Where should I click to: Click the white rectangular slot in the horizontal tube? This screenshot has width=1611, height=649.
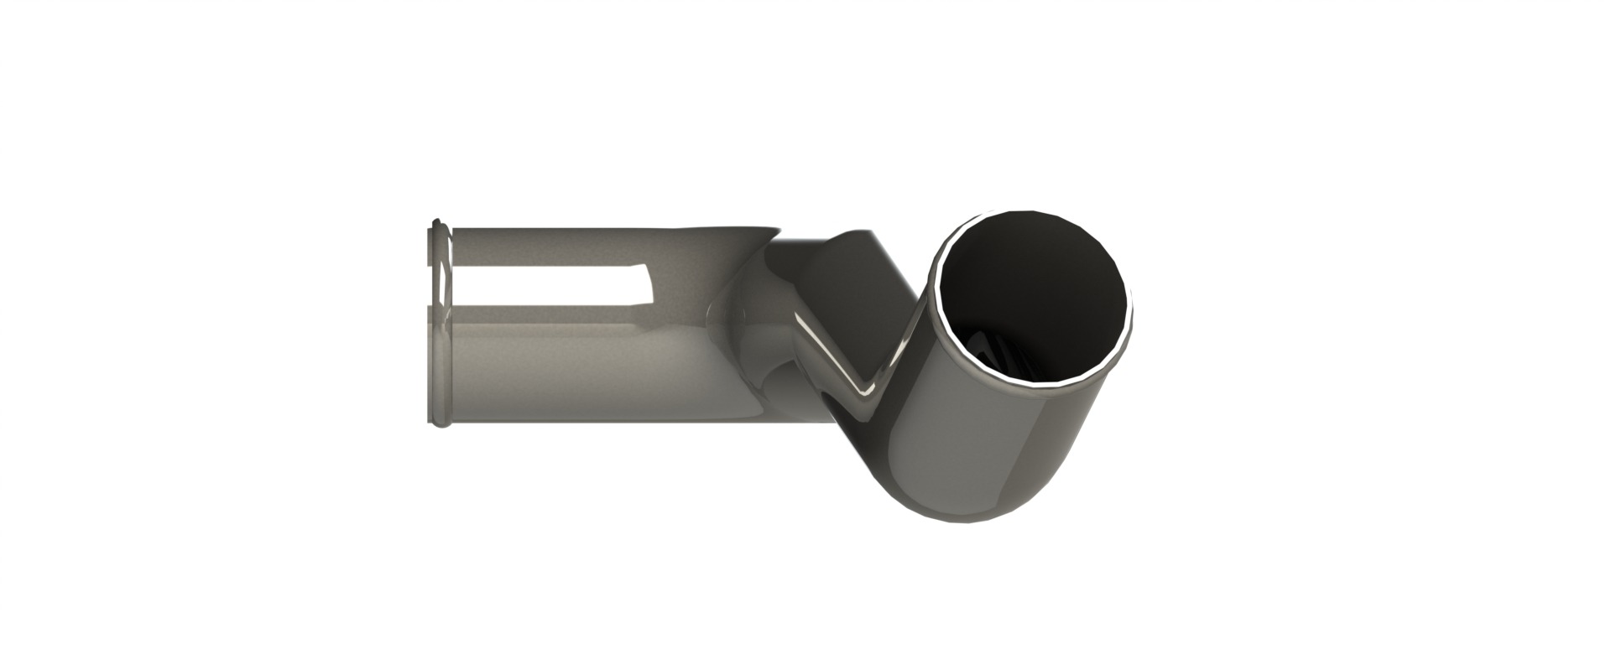(545, 283)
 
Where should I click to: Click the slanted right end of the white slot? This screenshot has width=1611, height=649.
(650, 285)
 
